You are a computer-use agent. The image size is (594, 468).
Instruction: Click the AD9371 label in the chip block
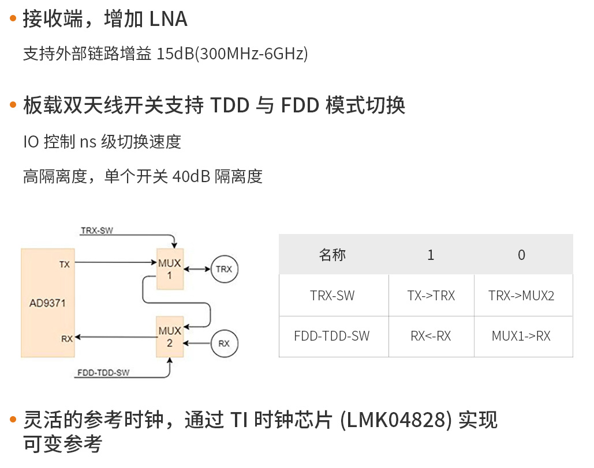point(48,301)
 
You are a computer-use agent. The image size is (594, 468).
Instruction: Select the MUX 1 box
point(170,269)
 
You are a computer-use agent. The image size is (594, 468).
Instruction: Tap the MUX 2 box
point(170,337)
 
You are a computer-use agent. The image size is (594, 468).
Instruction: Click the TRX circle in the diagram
point(224,269)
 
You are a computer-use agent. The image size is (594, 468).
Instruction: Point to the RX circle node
point(224,344)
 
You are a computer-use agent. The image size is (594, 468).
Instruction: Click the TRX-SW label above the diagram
point(97,231)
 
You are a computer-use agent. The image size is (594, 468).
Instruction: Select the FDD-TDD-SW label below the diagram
point(104,373)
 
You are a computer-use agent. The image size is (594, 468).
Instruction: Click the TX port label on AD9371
point(65,264)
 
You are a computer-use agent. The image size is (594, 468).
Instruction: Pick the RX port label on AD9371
point(67,338)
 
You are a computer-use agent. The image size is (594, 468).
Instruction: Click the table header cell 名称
point(333,255)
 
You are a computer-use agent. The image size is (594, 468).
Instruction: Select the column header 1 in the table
point(431,255)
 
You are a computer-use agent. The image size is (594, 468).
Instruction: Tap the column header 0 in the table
point(522,255)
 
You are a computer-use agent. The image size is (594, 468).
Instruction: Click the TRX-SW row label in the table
point(333,296)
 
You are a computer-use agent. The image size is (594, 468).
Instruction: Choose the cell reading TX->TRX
point(431,296)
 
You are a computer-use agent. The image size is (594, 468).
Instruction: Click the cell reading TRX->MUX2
point(521,296)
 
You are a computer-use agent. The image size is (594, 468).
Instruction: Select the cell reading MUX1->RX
point(521,336)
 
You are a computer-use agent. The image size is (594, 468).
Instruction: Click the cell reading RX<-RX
point(431,336)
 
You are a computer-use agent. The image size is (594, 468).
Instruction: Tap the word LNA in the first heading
point(169,20)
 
